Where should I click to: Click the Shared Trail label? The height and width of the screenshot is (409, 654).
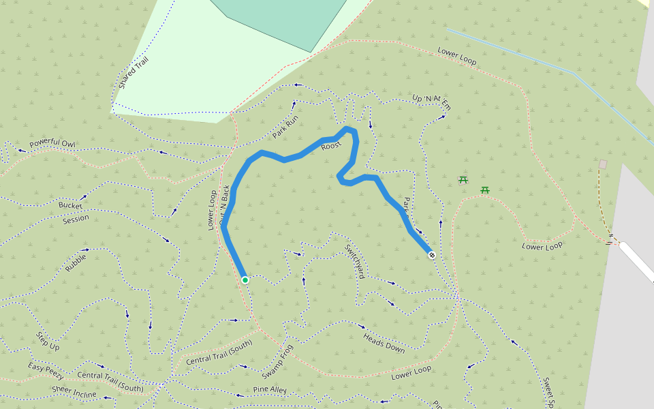coord(133,73)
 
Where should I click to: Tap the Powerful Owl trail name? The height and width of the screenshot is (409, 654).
coord(52,144)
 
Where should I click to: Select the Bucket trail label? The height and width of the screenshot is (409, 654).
coord(70,204)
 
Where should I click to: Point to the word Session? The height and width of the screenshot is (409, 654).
coord(76,219)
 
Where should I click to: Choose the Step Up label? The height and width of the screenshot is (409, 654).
coord(48,342)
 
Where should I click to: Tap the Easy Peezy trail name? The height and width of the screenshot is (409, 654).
coord(46,371)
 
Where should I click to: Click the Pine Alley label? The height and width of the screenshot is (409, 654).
coord(270,390)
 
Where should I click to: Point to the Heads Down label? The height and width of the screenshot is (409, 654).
coord(384,343)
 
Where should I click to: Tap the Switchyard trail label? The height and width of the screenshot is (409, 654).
coord(354,261)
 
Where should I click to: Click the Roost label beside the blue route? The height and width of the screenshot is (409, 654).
coord(331,146)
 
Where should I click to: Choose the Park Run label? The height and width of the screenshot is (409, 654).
coord(285,127)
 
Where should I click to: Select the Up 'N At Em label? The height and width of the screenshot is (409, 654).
coord(432,102)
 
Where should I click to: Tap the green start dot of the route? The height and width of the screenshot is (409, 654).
coord(245,279)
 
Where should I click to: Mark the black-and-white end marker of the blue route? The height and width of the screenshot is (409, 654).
coord(432,254)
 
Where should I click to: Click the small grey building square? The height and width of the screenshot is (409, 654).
coord(603,164)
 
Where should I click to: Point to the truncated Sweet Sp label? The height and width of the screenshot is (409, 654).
coord(547,393)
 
